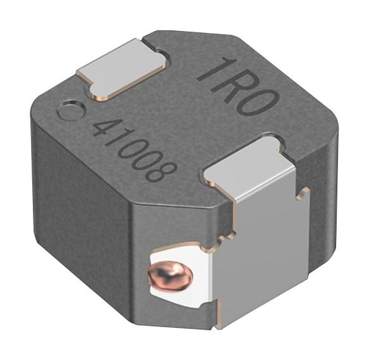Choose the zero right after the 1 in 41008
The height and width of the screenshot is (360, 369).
132,149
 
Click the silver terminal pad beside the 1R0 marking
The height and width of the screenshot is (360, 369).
122,68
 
